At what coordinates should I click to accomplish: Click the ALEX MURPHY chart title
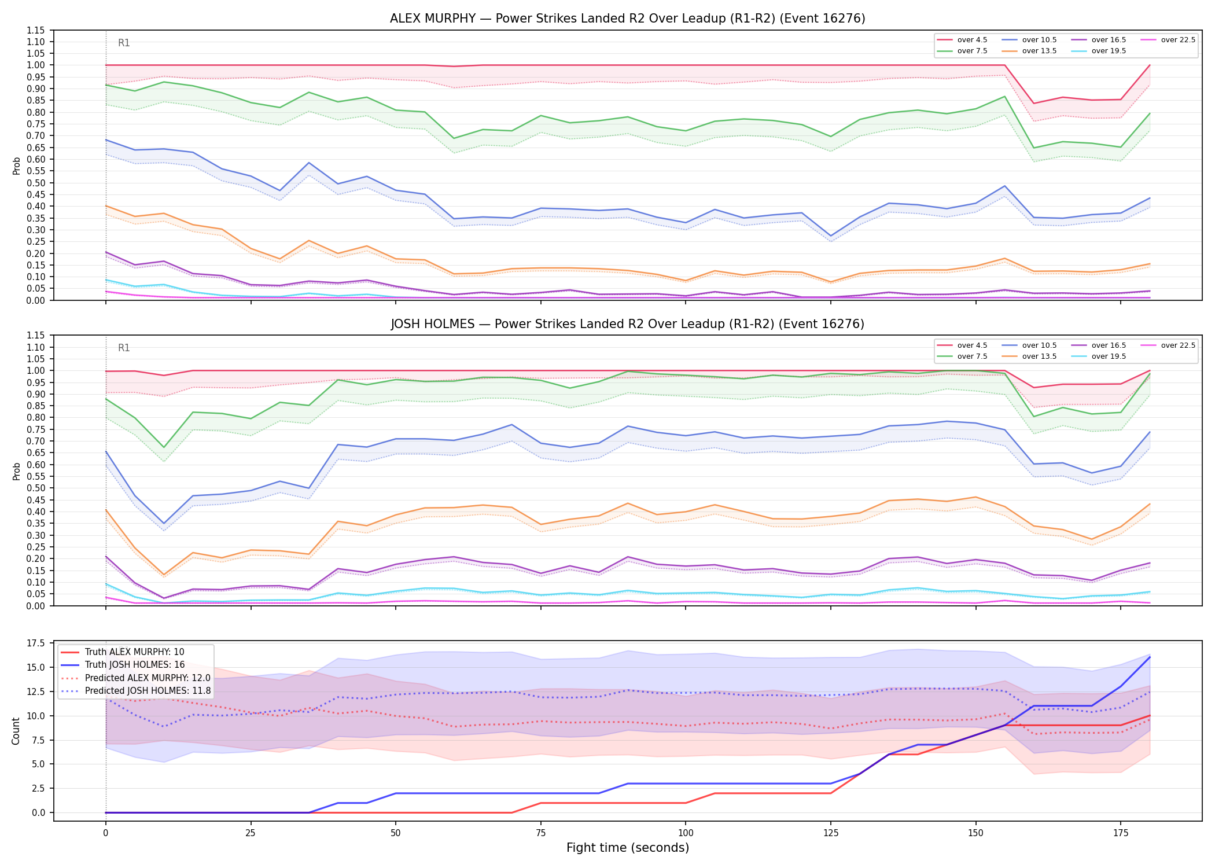point(627,19)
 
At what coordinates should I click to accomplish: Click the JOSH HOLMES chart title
point(627,324)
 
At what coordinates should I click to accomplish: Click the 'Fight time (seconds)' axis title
point(628,848)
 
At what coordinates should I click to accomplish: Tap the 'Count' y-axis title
point(16,731)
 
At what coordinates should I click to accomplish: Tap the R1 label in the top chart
point(124,43)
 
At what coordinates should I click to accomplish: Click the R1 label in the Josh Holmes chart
point(124,348)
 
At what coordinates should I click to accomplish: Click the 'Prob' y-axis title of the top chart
point(17,165)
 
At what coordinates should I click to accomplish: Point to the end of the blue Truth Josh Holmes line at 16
point(1150,657)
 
